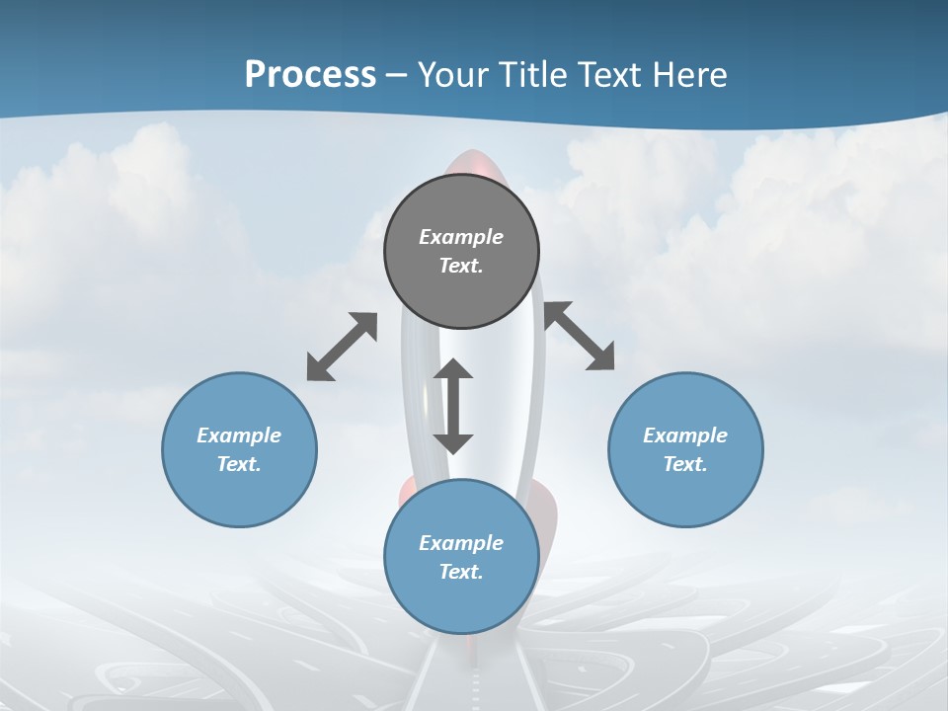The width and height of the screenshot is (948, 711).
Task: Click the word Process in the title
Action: click(310, 75)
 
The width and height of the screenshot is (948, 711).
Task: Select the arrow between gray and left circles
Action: click(342, 347)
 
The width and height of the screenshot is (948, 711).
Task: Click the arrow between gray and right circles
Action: click(580, 336)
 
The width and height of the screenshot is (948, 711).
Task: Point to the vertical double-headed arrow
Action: click(453, 406)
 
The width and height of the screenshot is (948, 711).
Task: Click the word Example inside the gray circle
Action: click(461, 237)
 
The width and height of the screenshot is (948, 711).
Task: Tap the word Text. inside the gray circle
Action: click(461, 266)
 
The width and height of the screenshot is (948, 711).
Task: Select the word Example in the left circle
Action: click(239, 435)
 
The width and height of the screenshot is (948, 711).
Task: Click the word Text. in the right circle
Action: click(685, 464)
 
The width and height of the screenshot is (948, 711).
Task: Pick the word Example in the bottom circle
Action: click(461, 543)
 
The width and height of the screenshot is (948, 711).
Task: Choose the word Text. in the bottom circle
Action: click(461, 572)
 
